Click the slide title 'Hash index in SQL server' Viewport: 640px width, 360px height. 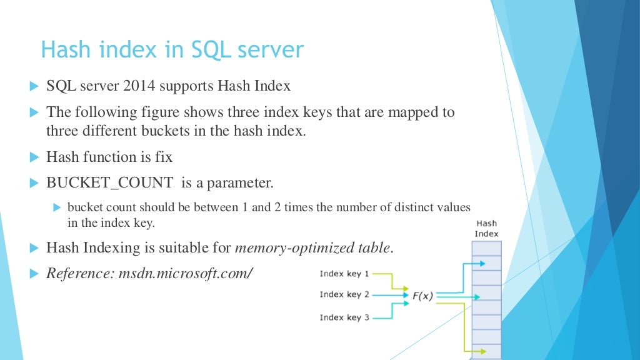click(x=172, y=49)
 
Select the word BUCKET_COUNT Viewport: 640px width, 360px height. click(x=110, y=183)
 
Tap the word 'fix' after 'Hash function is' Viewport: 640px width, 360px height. click(x=164, y=157)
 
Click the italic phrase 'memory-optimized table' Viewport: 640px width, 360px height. click(x=312, y=247)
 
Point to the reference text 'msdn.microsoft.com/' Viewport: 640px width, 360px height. click(x=185, y=274)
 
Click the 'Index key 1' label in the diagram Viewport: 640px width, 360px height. click(x=344, y=274)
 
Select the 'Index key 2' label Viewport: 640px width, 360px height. click(x=344, y=294)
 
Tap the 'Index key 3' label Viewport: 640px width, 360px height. click(x=344, y=317)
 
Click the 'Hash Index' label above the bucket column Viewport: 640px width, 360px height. click(x=486, y=229)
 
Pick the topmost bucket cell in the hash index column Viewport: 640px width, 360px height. click(x=487, y=248)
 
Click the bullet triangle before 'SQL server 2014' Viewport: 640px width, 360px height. click(x=34, y=86)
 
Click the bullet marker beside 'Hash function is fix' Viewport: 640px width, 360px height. click(x=34, y=157)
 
